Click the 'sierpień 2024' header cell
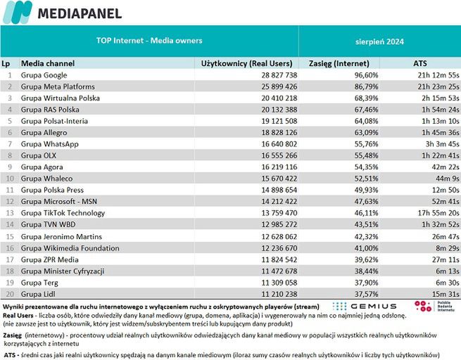(x=378, y=41)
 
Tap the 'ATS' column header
(x=419, y=63)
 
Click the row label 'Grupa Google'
(x=44, y=75)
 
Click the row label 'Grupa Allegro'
(x=44, y=132)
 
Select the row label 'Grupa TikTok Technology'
(x=63, y=212)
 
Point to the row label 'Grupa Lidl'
(x=38, y=292)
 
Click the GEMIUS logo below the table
(x=364, y=307)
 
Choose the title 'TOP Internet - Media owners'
(x=149, y=41)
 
